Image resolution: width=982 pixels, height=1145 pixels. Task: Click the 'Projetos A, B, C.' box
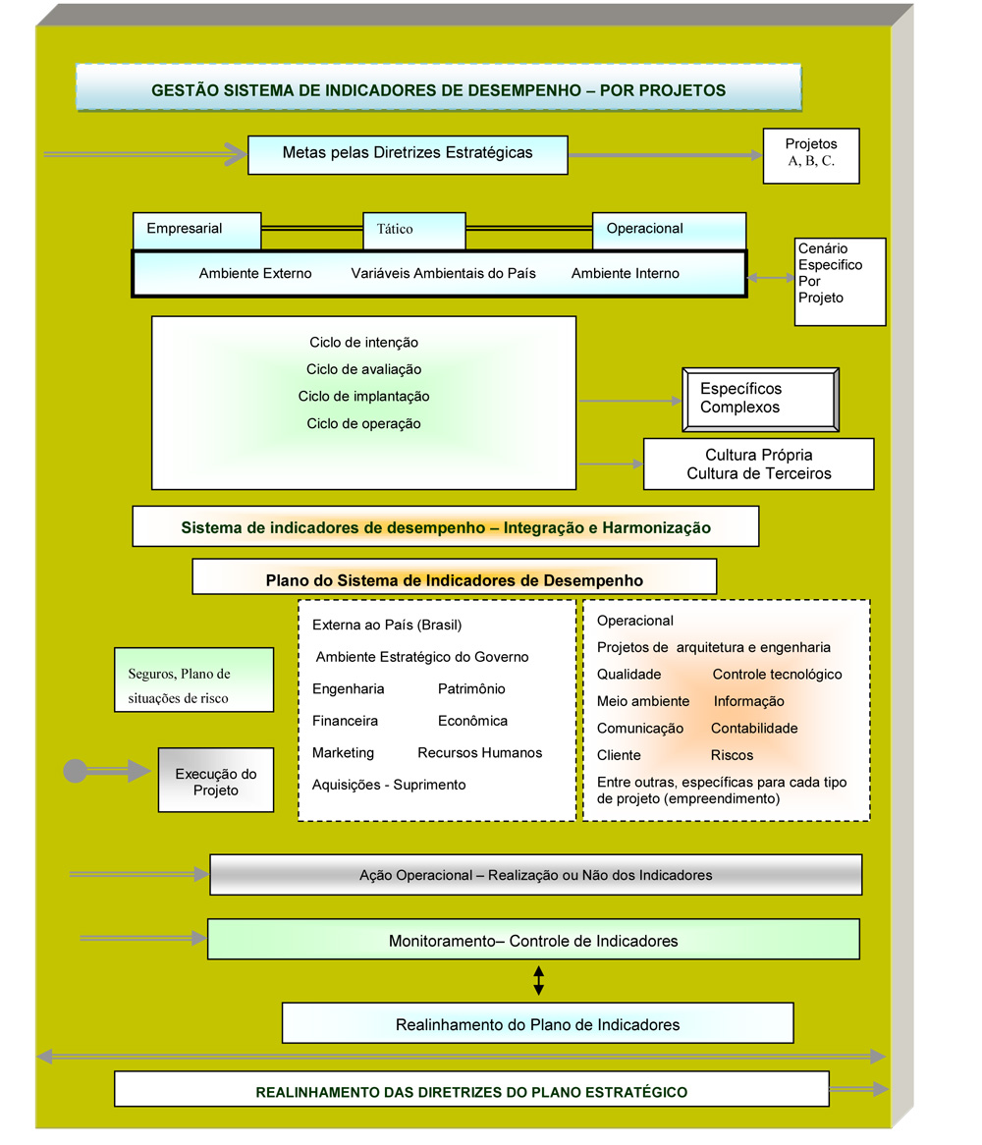point(810,155)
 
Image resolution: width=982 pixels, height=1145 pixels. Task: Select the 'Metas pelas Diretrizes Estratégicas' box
point(408,155)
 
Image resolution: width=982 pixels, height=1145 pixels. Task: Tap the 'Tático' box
point(414,231)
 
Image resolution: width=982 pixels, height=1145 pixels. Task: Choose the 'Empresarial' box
point(197,231)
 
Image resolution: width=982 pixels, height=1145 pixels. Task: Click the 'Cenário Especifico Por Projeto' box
point(840,281)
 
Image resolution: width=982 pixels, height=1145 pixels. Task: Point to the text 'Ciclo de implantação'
point(363,396)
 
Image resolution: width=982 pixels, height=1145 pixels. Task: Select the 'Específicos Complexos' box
point(760,400)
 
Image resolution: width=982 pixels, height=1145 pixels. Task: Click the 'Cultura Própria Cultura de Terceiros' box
point(758,463)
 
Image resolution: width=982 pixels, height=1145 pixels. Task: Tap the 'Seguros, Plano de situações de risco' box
point(194,680)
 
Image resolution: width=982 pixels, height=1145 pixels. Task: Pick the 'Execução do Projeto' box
point(216,780)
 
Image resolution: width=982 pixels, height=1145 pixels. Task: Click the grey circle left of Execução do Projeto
point(76,771)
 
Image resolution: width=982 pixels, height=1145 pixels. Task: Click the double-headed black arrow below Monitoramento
point(538,981)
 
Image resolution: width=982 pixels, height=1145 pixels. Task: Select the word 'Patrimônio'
point(471,688)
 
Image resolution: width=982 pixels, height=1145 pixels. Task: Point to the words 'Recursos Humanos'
point(479,752)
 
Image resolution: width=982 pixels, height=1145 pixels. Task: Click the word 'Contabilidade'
point(754,728)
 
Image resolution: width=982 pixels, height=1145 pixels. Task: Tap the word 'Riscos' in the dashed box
point(732,755)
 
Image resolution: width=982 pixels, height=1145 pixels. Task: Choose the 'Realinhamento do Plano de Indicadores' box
point(537,1023)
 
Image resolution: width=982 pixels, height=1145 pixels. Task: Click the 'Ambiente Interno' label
point(625,273)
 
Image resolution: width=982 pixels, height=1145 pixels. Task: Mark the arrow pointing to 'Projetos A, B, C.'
point(665,155)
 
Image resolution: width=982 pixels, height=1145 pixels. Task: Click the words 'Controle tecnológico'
point(777,674)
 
